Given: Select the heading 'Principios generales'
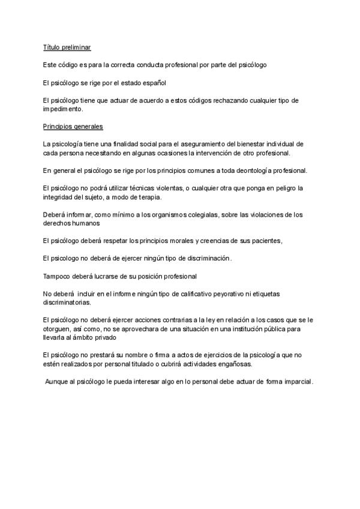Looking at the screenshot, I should (x=73, y=127).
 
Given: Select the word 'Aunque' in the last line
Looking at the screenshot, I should (x=58, y=382).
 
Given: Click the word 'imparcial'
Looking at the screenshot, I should (x=297, y=382).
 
